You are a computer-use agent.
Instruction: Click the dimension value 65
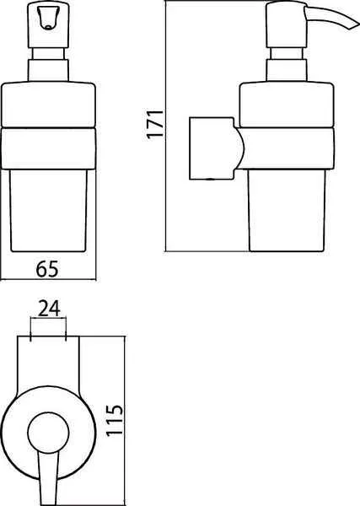click(x=47, y=269)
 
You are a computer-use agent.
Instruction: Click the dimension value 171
click(x=155, y=124)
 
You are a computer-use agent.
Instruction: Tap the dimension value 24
click(x=49, y=308)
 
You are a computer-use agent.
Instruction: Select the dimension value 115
click(x=115, y=420)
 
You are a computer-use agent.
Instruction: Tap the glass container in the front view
click(x=48, y=210)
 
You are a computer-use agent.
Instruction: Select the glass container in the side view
click(x=287, y=210)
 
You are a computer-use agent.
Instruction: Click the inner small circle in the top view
click(x=48, y=433)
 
